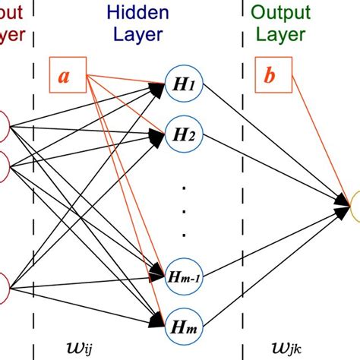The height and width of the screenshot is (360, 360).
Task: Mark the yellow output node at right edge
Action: pyautogui.click(x=355, y=201)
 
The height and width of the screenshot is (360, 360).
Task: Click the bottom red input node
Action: pyautogui.click(x=3, y=288)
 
